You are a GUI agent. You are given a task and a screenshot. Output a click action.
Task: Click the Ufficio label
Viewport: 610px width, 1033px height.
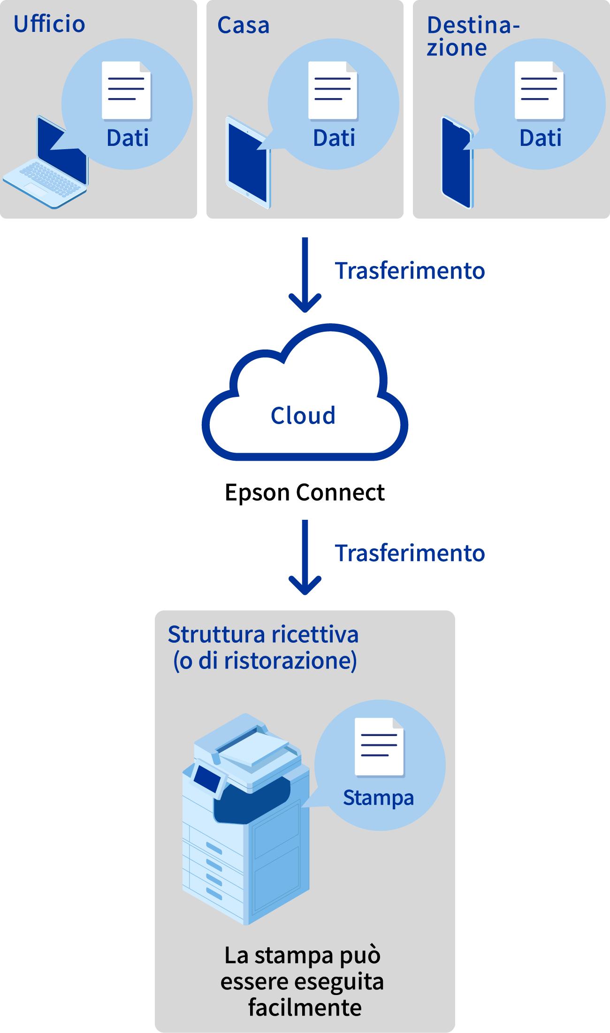click(x=49, y=24)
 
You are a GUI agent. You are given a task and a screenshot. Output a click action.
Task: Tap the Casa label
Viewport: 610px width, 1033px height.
click(x=243, y=25)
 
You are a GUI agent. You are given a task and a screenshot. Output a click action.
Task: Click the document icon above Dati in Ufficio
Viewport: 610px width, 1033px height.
click(x=126, y=90)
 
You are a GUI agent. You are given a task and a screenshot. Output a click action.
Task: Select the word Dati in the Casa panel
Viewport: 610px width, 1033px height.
click(x=334, y=138)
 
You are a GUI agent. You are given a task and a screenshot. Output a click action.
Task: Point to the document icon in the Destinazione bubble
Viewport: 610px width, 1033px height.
click(x=539, y=90)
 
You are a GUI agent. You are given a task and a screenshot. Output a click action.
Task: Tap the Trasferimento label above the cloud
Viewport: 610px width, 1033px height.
click(x=410, y=271)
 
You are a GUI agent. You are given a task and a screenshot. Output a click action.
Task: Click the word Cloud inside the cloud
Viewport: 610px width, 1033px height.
click(x=303, y=416)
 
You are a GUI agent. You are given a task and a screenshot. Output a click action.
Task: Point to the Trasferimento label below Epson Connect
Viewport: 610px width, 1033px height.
click(x=410, y=553)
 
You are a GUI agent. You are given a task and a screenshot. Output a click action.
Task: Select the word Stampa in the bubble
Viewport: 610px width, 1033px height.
click(x=378, y=798)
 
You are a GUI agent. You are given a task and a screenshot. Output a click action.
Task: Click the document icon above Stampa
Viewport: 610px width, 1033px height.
click(x=379, y=746)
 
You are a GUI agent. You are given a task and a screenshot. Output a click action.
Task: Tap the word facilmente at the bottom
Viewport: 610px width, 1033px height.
click(x=305, y=1007)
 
